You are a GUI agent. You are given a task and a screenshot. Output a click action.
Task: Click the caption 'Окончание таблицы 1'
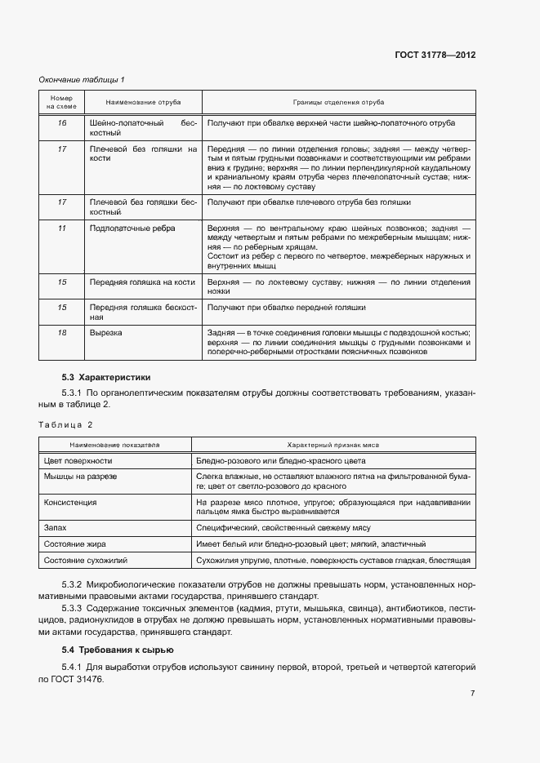point(82,79)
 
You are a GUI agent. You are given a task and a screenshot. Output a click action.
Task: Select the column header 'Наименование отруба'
point(143,103)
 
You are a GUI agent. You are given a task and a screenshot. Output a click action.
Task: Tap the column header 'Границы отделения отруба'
point(338,103)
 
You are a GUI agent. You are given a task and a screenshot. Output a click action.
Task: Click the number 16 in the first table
point(61,122)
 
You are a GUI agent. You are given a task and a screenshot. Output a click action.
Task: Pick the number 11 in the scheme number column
point(61,228)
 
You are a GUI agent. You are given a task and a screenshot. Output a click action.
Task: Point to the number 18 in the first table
point(61,334)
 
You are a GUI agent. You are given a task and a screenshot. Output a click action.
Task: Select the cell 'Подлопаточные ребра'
point(132,228)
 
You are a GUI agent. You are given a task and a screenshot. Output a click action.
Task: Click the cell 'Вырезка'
point(105,334)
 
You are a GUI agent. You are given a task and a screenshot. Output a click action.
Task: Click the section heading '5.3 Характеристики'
point(106,377)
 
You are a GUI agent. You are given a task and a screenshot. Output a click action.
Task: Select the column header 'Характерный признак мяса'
point(332,445)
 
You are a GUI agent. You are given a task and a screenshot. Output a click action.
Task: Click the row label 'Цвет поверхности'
point(78,461)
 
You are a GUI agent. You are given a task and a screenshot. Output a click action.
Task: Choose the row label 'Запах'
point(55,528)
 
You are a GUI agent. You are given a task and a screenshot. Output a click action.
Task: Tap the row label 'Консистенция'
point(70,503)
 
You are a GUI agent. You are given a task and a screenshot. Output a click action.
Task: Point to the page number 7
point(473,693)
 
